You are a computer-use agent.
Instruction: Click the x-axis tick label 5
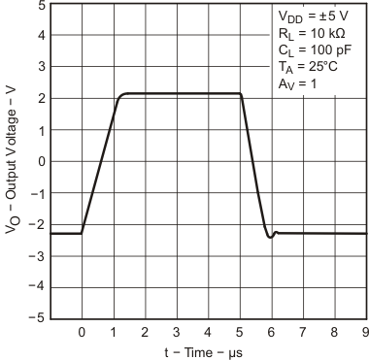(240, 334)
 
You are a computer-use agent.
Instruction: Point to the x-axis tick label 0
(82, 334)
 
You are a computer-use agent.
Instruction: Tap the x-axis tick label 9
(365, 334)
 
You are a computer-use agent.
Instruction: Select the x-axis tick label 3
(177, 334)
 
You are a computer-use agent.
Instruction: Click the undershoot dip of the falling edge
(270, 237)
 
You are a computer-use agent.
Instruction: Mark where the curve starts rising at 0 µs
(82, 233)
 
